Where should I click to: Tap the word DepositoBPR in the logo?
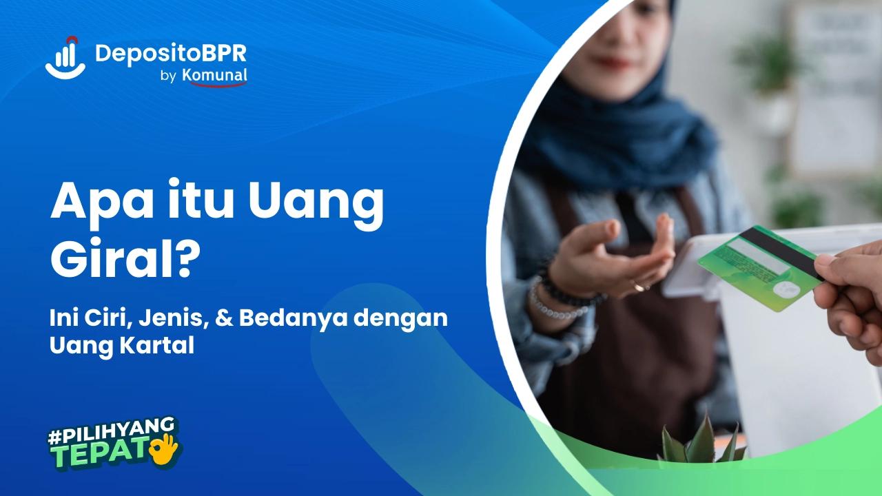pos(171,52)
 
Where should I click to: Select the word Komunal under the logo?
pos(215,76)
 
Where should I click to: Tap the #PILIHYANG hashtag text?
pos(110,433)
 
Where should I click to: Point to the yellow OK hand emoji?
pos(165,448)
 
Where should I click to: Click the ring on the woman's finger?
pos(639,286)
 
